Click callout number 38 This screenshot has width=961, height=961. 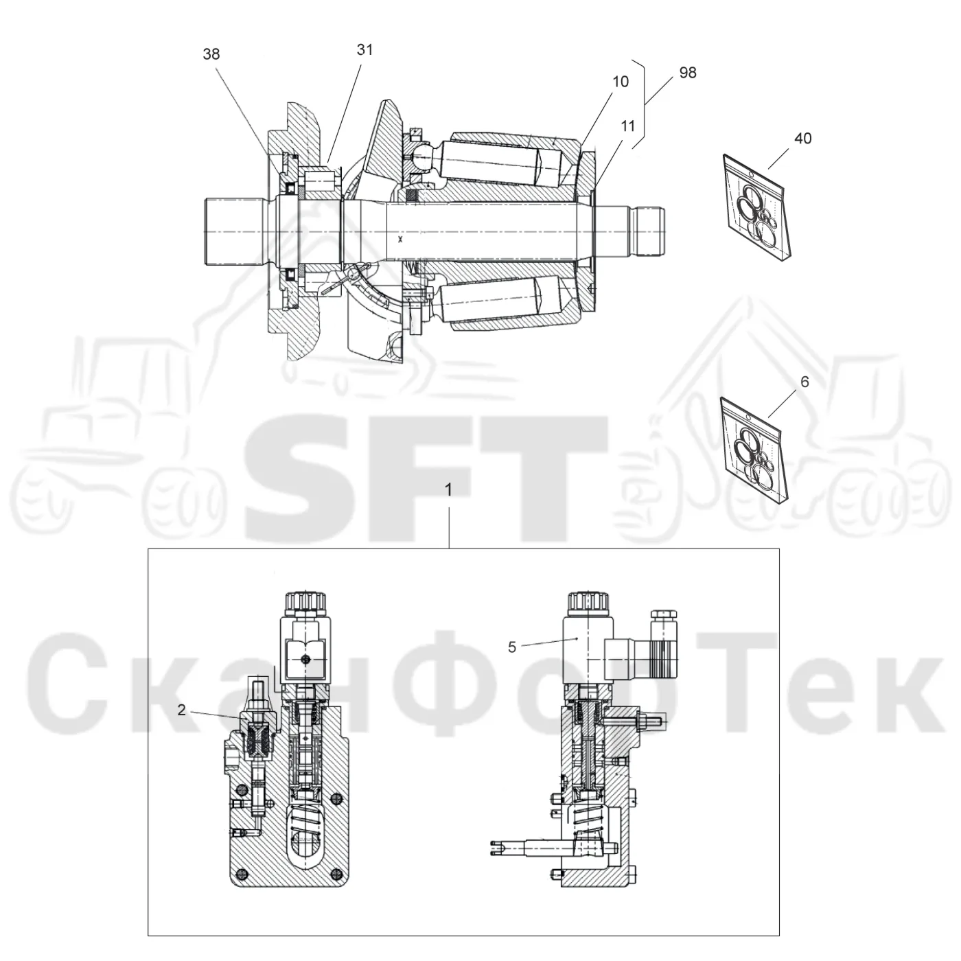(211, 54)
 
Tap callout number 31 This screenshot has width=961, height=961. (364, 50)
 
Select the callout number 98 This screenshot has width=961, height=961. (688, 73)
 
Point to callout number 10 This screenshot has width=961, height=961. (621, 82)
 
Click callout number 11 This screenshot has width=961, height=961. (627, 126)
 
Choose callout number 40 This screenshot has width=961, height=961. (802, 138)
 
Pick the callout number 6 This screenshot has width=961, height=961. (804, 382)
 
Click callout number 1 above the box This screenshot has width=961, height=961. (448, 489)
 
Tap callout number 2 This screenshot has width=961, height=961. (181, 710)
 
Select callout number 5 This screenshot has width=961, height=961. (511, 647)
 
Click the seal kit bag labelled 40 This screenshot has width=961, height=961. (757, 208)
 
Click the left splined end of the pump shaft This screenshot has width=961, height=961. (234, 232)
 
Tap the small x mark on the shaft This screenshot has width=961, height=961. (400, 240)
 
